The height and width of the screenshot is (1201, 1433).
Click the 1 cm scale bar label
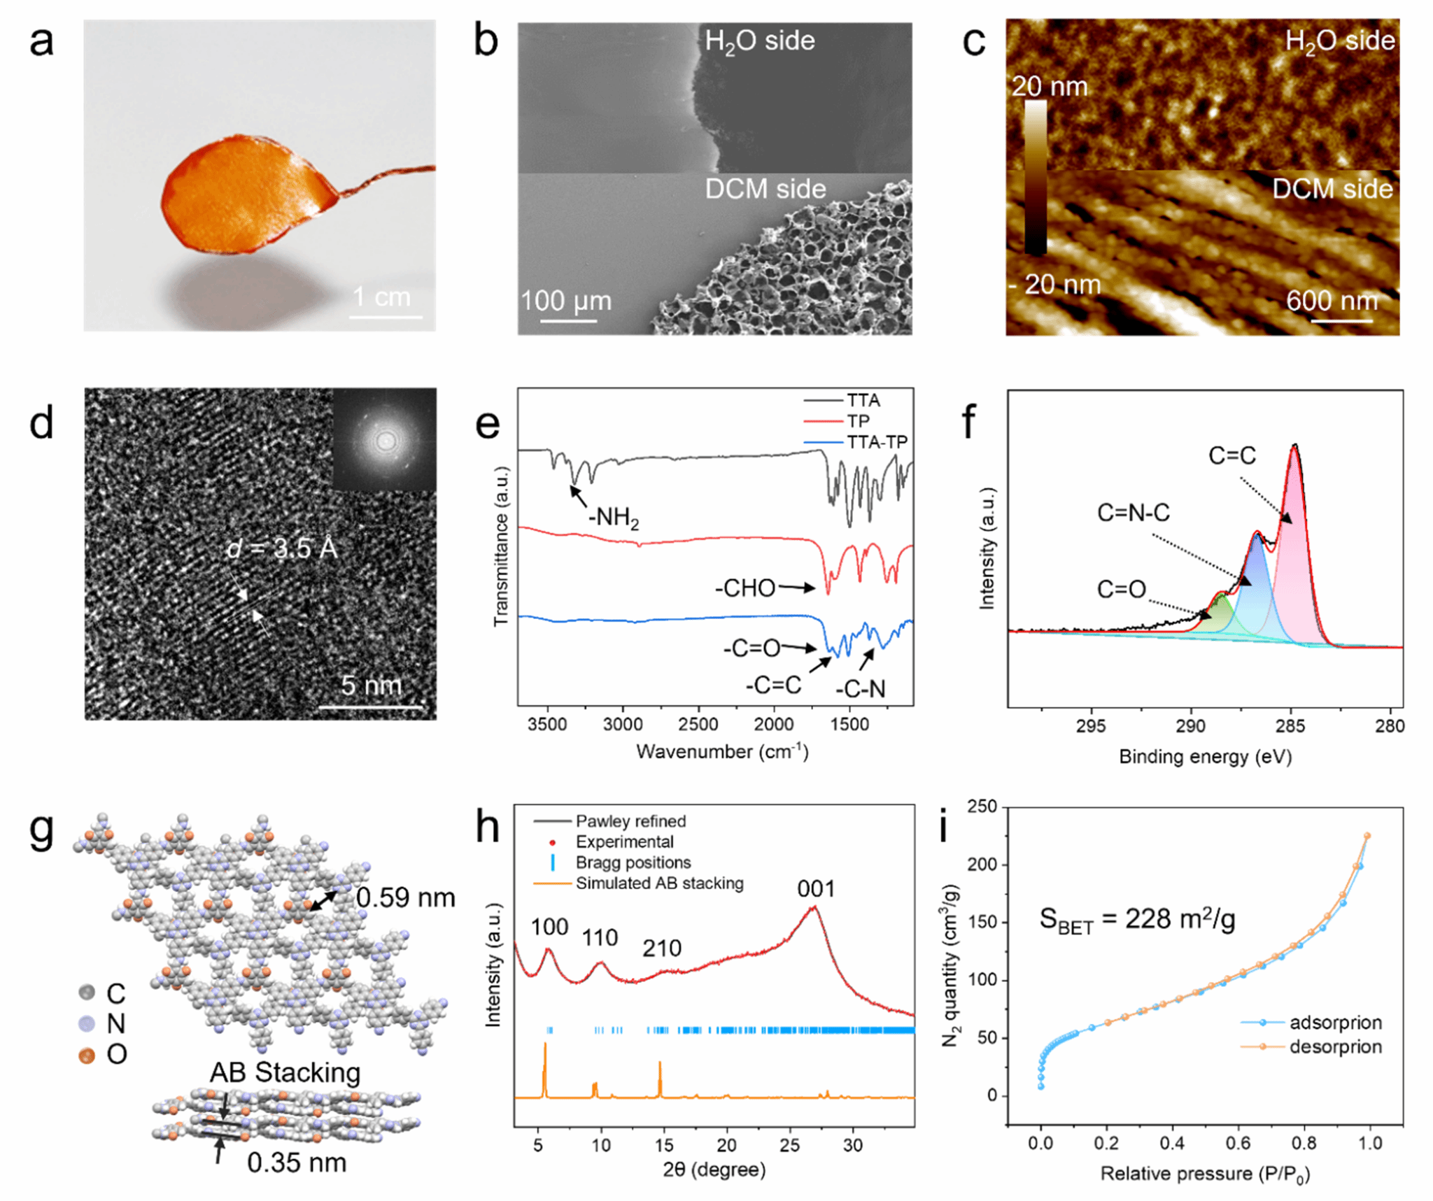(x=381, y=297)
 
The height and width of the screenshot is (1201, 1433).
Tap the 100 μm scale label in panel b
(x=565, y=301)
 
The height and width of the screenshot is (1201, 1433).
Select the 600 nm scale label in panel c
(x=1332, y=301)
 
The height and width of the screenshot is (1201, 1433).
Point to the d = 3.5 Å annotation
(x=282, y=548)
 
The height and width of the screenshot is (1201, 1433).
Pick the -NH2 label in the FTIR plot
(x=614, y=518)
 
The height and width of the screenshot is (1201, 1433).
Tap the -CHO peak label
(x=745, y=588)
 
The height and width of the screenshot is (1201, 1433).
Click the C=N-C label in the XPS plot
(x=1133, y=513)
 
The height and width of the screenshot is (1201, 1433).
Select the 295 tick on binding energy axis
(x=1091, y=725)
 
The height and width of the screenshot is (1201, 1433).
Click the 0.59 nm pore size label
(x=405, y=897)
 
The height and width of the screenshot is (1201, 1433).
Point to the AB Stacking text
(x=285, y=1072)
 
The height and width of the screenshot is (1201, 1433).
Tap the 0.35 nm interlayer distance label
(x=297, y=1163)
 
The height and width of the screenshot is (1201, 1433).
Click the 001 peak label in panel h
(x=816, y=888)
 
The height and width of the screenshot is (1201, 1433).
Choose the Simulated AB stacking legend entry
(x=659, y=883)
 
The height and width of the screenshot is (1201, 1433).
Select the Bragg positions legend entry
(x=633, y=862)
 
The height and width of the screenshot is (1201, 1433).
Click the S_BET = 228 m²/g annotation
(x=1136, y=918)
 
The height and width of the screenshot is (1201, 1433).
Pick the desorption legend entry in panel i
(x=1335, y=1046)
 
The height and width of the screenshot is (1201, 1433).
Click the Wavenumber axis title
(x=721, y=752)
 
